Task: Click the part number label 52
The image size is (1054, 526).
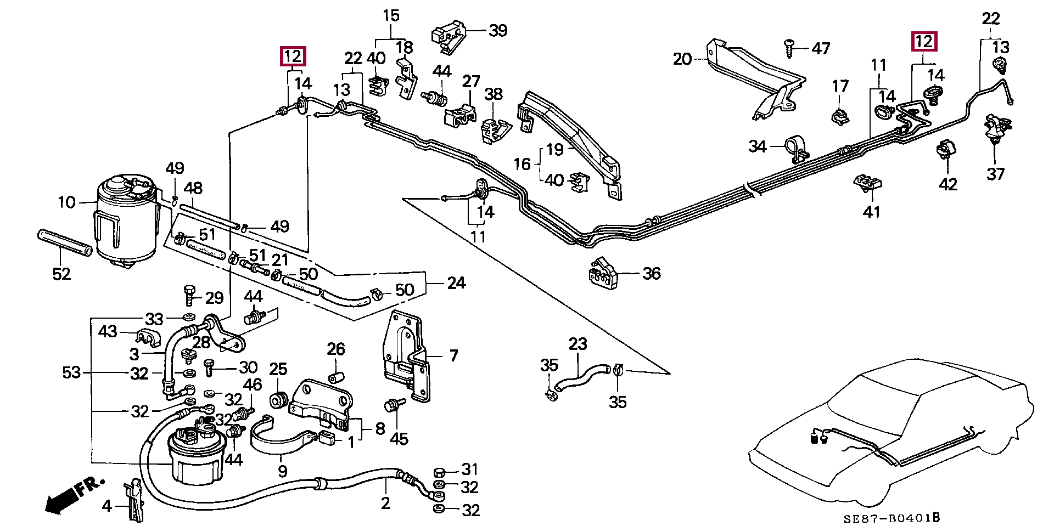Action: [x=61, y=273]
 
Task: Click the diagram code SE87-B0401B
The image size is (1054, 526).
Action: [x=892, y=517]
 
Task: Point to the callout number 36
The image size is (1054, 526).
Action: [x=652, y=273]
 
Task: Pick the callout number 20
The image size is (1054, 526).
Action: [x=682, y=58]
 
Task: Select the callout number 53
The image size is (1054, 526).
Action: [x=71, y=373]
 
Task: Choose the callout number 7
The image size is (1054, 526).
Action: [x=453, y=355]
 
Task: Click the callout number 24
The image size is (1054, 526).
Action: [x=456, y=283]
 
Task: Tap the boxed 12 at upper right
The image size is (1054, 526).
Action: [x=924, y=42]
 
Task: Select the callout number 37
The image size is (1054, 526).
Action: [x=996, y=174]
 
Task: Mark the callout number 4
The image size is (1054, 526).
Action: [x=106, y=506]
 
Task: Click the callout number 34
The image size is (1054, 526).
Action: [x=758, y=146]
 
